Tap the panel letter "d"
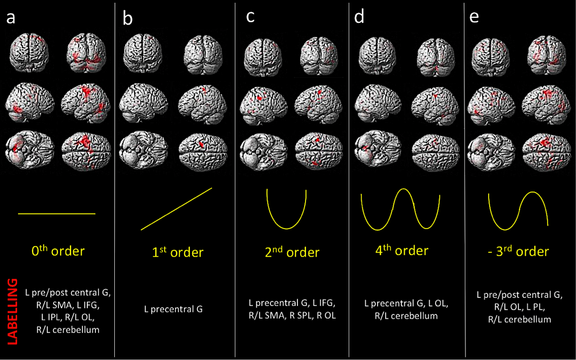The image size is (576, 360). [359, 18]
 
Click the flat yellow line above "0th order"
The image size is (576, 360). [56, 214]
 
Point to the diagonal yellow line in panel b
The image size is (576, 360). [176, 209]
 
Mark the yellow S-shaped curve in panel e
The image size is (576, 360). [519, 211]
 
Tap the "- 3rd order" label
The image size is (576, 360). [519, 251]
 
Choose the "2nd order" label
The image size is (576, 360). [291, 251]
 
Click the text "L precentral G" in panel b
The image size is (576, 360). [173, 309]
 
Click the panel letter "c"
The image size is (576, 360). [251, 17]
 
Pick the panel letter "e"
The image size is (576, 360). [474, 18]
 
